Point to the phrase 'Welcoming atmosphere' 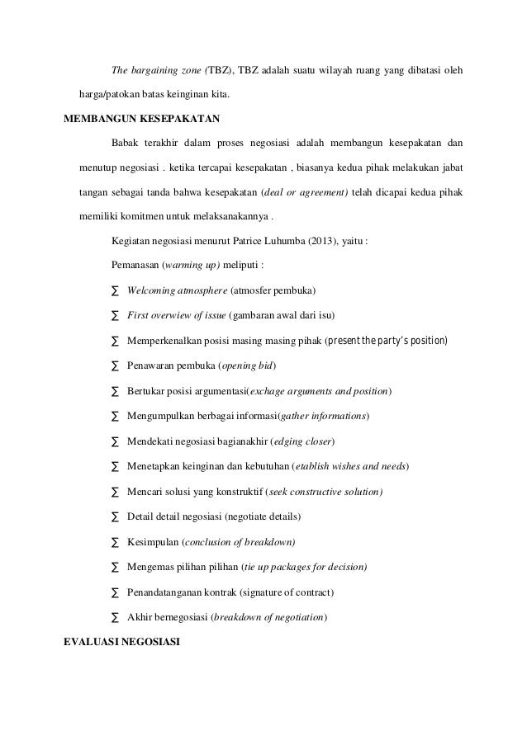[177, 290]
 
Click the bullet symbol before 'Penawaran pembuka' [114, 366]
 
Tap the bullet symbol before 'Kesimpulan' [114, 543]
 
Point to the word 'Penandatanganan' [168, 592]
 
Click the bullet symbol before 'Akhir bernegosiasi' [114, 618]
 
